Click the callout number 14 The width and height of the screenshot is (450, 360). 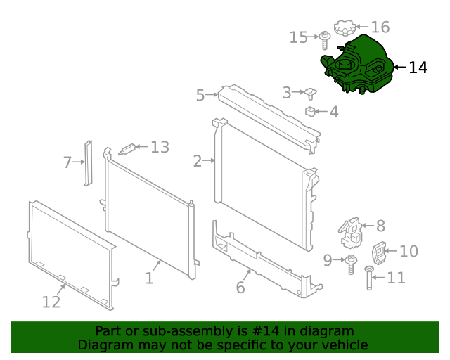tap(418, 67)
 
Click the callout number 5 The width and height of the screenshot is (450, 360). tap(200, 95)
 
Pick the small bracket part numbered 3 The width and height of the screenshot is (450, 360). tap(309, 93)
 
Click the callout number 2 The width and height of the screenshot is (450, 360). tap(198, 161)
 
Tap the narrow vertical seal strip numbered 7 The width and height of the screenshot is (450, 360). tap(89, 163)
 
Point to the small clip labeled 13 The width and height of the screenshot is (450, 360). tap(127, 148)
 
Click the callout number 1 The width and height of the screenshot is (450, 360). tap(149, 278)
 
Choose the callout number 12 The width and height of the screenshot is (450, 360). tap(51, 302)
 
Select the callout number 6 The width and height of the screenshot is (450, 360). tap(240, 287)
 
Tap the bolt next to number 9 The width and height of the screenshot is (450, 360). tap(350, 264)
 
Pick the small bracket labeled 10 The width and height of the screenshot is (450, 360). tap(380, 252)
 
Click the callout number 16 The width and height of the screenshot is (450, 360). tap(380, 27)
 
